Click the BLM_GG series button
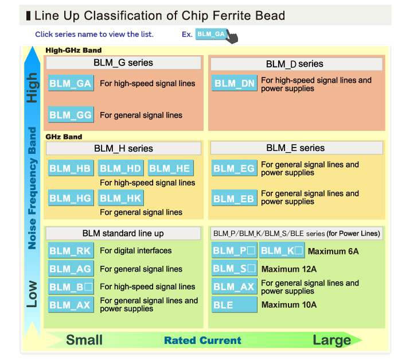point(70,115)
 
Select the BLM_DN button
point(234,84)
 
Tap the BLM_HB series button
point(70,169)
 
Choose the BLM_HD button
point(120,169)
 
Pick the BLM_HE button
point(170,169)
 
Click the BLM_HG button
point(70,198)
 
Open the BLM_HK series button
point(120,198)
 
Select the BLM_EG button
point(234,169)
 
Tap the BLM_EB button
point(234,199)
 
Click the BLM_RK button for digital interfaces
point(70,251)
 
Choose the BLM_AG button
point(70,269)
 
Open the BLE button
point(234,305)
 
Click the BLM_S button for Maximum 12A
point(234,269)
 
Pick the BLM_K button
point(282,251)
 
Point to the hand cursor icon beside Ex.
point(232,38)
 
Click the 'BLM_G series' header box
point(123,63)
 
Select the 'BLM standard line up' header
point(123,233)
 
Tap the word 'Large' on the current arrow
point(331,340)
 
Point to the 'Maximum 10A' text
point(288,305)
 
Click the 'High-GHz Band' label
point(73,51)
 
